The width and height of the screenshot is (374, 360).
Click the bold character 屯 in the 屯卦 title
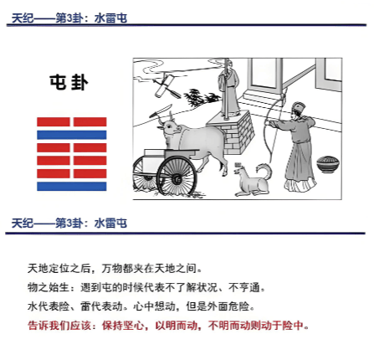coord(59,82)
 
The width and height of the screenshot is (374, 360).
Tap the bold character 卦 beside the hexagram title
coord(79,82)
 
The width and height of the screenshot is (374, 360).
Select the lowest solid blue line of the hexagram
coord(72,186)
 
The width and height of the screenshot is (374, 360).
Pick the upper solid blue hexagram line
coord(72,135)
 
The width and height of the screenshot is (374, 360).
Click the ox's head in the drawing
coord(168,127)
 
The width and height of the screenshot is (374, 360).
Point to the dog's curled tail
coord(264,172)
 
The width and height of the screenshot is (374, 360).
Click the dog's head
coord(241,169)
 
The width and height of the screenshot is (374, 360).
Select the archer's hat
coord(299,107)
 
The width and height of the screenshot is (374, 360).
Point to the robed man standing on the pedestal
coord(229,90)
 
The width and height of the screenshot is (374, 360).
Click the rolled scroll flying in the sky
coord(165,85)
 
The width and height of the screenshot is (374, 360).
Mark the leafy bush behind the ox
coord(202,97)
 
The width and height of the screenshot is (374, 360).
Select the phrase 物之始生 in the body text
coord(49,287)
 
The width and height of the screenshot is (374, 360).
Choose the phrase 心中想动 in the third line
coord(154,306)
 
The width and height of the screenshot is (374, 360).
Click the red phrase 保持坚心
coord(123,325)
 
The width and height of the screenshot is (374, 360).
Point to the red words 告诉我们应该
coord(59,325)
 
